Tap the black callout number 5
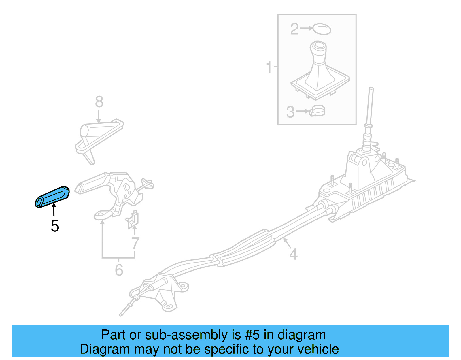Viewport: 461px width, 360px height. coord(55,226)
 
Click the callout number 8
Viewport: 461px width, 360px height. coord(99,102)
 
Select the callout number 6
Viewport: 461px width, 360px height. coord(119,270)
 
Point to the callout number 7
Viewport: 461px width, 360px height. coord(135,243)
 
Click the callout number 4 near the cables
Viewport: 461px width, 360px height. coord(293,254)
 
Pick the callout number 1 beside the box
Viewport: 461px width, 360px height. coord(269,67)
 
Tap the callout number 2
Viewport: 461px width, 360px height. coord(294,29)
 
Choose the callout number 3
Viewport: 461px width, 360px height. coord(290,112)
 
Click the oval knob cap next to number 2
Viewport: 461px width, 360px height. coord(322,29)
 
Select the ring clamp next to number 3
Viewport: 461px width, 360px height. coord(317,111)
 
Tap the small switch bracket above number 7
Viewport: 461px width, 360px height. coord(133,219)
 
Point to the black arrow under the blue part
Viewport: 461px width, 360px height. coord(54,210)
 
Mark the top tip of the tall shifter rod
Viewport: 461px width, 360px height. coord(371,89)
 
